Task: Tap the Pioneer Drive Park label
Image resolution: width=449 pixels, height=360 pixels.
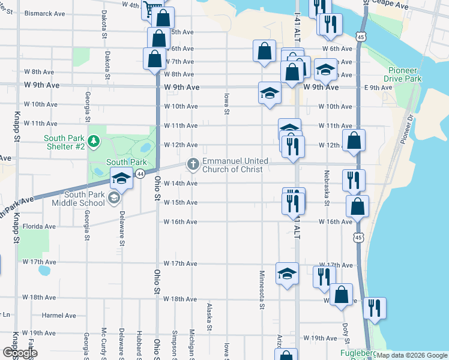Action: pos(405,74)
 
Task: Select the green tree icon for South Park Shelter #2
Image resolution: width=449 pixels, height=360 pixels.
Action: pos(93,142)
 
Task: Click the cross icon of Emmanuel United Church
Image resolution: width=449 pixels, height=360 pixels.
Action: pos(193,163)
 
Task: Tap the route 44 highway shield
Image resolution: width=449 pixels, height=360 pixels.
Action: pos(140,173)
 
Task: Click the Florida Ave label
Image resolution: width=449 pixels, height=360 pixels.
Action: pos(39,227)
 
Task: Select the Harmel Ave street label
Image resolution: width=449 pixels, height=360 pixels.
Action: pos(59,315)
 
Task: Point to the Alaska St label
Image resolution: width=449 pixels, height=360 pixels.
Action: pos(209,317)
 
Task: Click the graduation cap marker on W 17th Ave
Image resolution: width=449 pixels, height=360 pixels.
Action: pos(288,274)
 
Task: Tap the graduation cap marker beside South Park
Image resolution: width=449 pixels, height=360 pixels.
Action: pos(122,178)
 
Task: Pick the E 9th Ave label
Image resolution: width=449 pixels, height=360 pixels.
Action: pos(378,88)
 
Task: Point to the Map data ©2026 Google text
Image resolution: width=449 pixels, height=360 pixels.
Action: pos(412,355)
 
